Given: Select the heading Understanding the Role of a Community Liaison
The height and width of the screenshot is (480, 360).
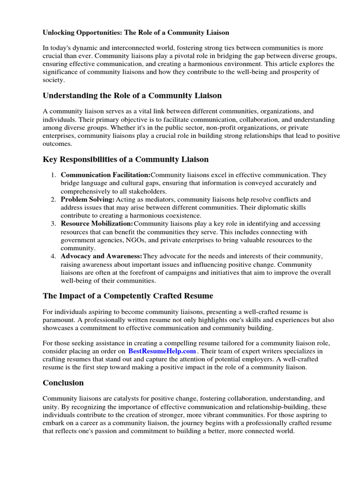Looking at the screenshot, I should click(x=132, y=96).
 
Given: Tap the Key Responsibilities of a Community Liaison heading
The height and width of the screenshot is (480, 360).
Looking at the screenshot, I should click(x=126, y=159).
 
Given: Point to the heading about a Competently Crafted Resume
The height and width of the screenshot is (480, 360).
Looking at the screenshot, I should click(x=127, y=296).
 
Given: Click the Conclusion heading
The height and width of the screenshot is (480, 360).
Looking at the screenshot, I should click(x=63, y=382).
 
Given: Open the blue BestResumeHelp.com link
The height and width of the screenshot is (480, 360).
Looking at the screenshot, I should click(x=162, y=351).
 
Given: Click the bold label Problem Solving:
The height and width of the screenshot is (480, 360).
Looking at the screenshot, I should click(x=88, y=199).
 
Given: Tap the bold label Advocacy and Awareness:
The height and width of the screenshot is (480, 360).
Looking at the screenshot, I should click(x=102, y=256).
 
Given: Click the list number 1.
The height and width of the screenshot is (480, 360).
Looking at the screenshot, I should click(x=53, y=175).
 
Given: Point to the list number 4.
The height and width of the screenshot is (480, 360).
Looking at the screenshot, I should click(x=53, y=256).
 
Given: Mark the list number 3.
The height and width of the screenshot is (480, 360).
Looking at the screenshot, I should click(x=53, y=224).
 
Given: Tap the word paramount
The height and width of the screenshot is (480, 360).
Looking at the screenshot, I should click(x=59, y=320).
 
